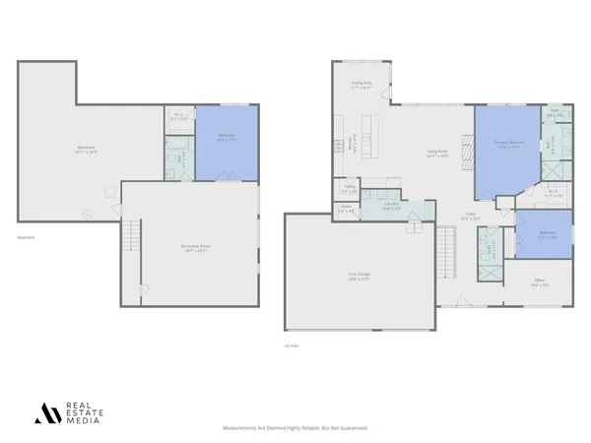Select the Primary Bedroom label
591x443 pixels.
506,144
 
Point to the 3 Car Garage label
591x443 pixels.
358,278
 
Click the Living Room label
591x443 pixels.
437,153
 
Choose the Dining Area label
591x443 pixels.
361,86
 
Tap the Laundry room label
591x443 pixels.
391,205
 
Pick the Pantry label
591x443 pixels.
350,187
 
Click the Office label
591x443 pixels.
540,282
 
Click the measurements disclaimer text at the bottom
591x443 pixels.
295,428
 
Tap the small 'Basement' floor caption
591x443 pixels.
27,236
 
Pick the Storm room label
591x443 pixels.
347,209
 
